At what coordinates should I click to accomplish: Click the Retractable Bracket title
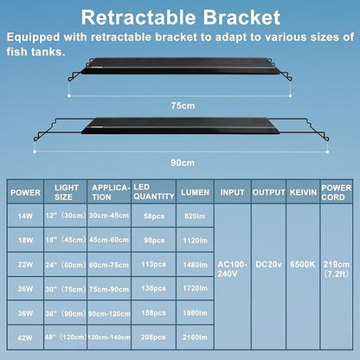[x=180, y=17]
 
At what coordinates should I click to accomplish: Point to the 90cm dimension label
[x=180, y=161]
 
